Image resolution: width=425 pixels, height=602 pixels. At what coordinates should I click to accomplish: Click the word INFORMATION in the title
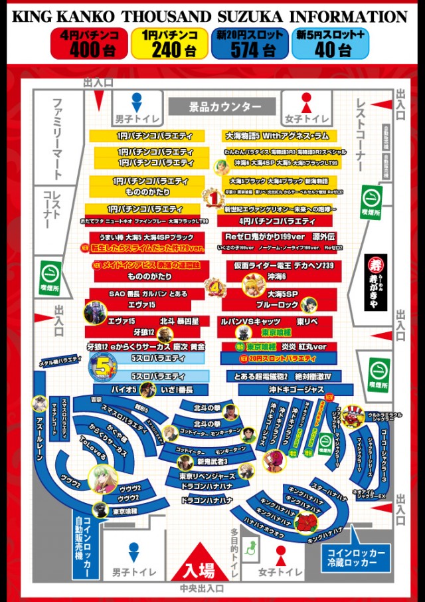tap(350, 16)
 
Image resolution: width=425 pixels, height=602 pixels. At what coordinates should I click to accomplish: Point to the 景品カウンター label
tap(220, 106)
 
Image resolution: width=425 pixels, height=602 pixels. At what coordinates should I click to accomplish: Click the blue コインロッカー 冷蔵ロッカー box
tap(355, 557)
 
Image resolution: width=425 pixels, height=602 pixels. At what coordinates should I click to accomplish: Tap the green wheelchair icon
tap(252, 547)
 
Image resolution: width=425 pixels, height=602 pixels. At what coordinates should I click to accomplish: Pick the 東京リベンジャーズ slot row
tap(207, 476)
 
